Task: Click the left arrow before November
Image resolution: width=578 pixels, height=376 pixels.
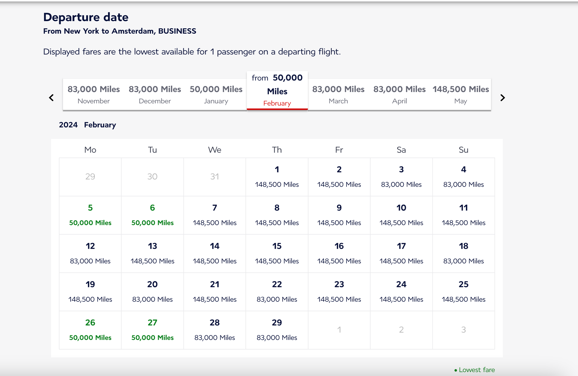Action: point(51,98)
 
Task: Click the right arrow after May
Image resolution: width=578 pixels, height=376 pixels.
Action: point(502,98)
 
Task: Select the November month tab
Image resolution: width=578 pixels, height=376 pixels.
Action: point(94,94)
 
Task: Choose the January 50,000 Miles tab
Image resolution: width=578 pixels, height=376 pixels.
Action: point(216,94)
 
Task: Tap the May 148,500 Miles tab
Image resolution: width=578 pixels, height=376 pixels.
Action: point(461,94)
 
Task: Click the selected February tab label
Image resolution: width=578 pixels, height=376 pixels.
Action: point(277,103)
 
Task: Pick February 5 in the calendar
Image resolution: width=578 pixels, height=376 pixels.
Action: point(90,215)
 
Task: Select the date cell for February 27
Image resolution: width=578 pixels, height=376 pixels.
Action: point(152,330)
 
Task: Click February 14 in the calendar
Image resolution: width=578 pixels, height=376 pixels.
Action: point(215,253)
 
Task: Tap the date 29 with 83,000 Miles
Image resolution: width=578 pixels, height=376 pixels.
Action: point(277,330)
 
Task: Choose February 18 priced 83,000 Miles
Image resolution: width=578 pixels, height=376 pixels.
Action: point(463,253)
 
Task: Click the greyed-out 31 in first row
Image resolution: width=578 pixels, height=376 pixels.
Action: point(215,177)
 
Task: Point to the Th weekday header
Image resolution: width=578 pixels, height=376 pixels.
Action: point(277,150)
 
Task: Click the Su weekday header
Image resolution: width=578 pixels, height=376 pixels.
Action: point(463,150)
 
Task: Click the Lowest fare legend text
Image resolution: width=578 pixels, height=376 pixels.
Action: point(477,370)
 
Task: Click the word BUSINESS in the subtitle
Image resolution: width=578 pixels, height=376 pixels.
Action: point(177,31)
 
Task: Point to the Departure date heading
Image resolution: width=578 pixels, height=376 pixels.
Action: point(86,17)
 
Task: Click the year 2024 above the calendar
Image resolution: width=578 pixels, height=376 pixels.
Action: point(68,125)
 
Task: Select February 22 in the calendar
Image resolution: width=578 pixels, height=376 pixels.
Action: point(277,291)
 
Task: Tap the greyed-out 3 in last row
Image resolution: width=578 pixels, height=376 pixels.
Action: point(463,330)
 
